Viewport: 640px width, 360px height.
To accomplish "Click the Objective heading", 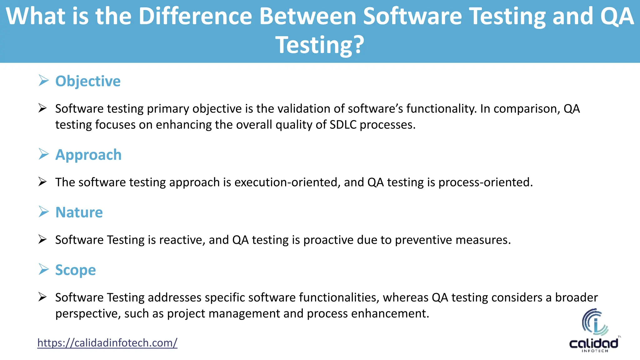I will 88,81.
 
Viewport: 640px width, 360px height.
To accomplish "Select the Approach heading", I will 88,155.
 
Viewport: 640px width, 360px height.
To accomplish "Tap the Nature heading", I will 79,212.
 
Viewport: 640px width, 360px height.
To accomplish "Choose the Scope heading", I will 75,270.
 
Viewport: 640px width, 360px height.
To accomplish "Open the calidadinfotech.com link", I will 107,343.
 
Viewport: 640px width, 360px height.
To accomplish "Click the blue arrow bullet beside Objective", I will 44,81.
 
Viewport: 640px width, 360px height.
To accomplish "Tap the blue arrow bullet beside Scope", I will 44,269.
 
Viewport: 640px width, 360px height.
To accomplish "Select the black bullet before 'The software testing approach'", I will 42,182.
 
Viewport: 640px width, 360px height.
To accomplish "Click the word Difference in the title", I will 195,16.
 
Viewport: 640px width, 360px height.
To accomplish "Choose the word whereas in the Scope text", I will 406,297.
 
